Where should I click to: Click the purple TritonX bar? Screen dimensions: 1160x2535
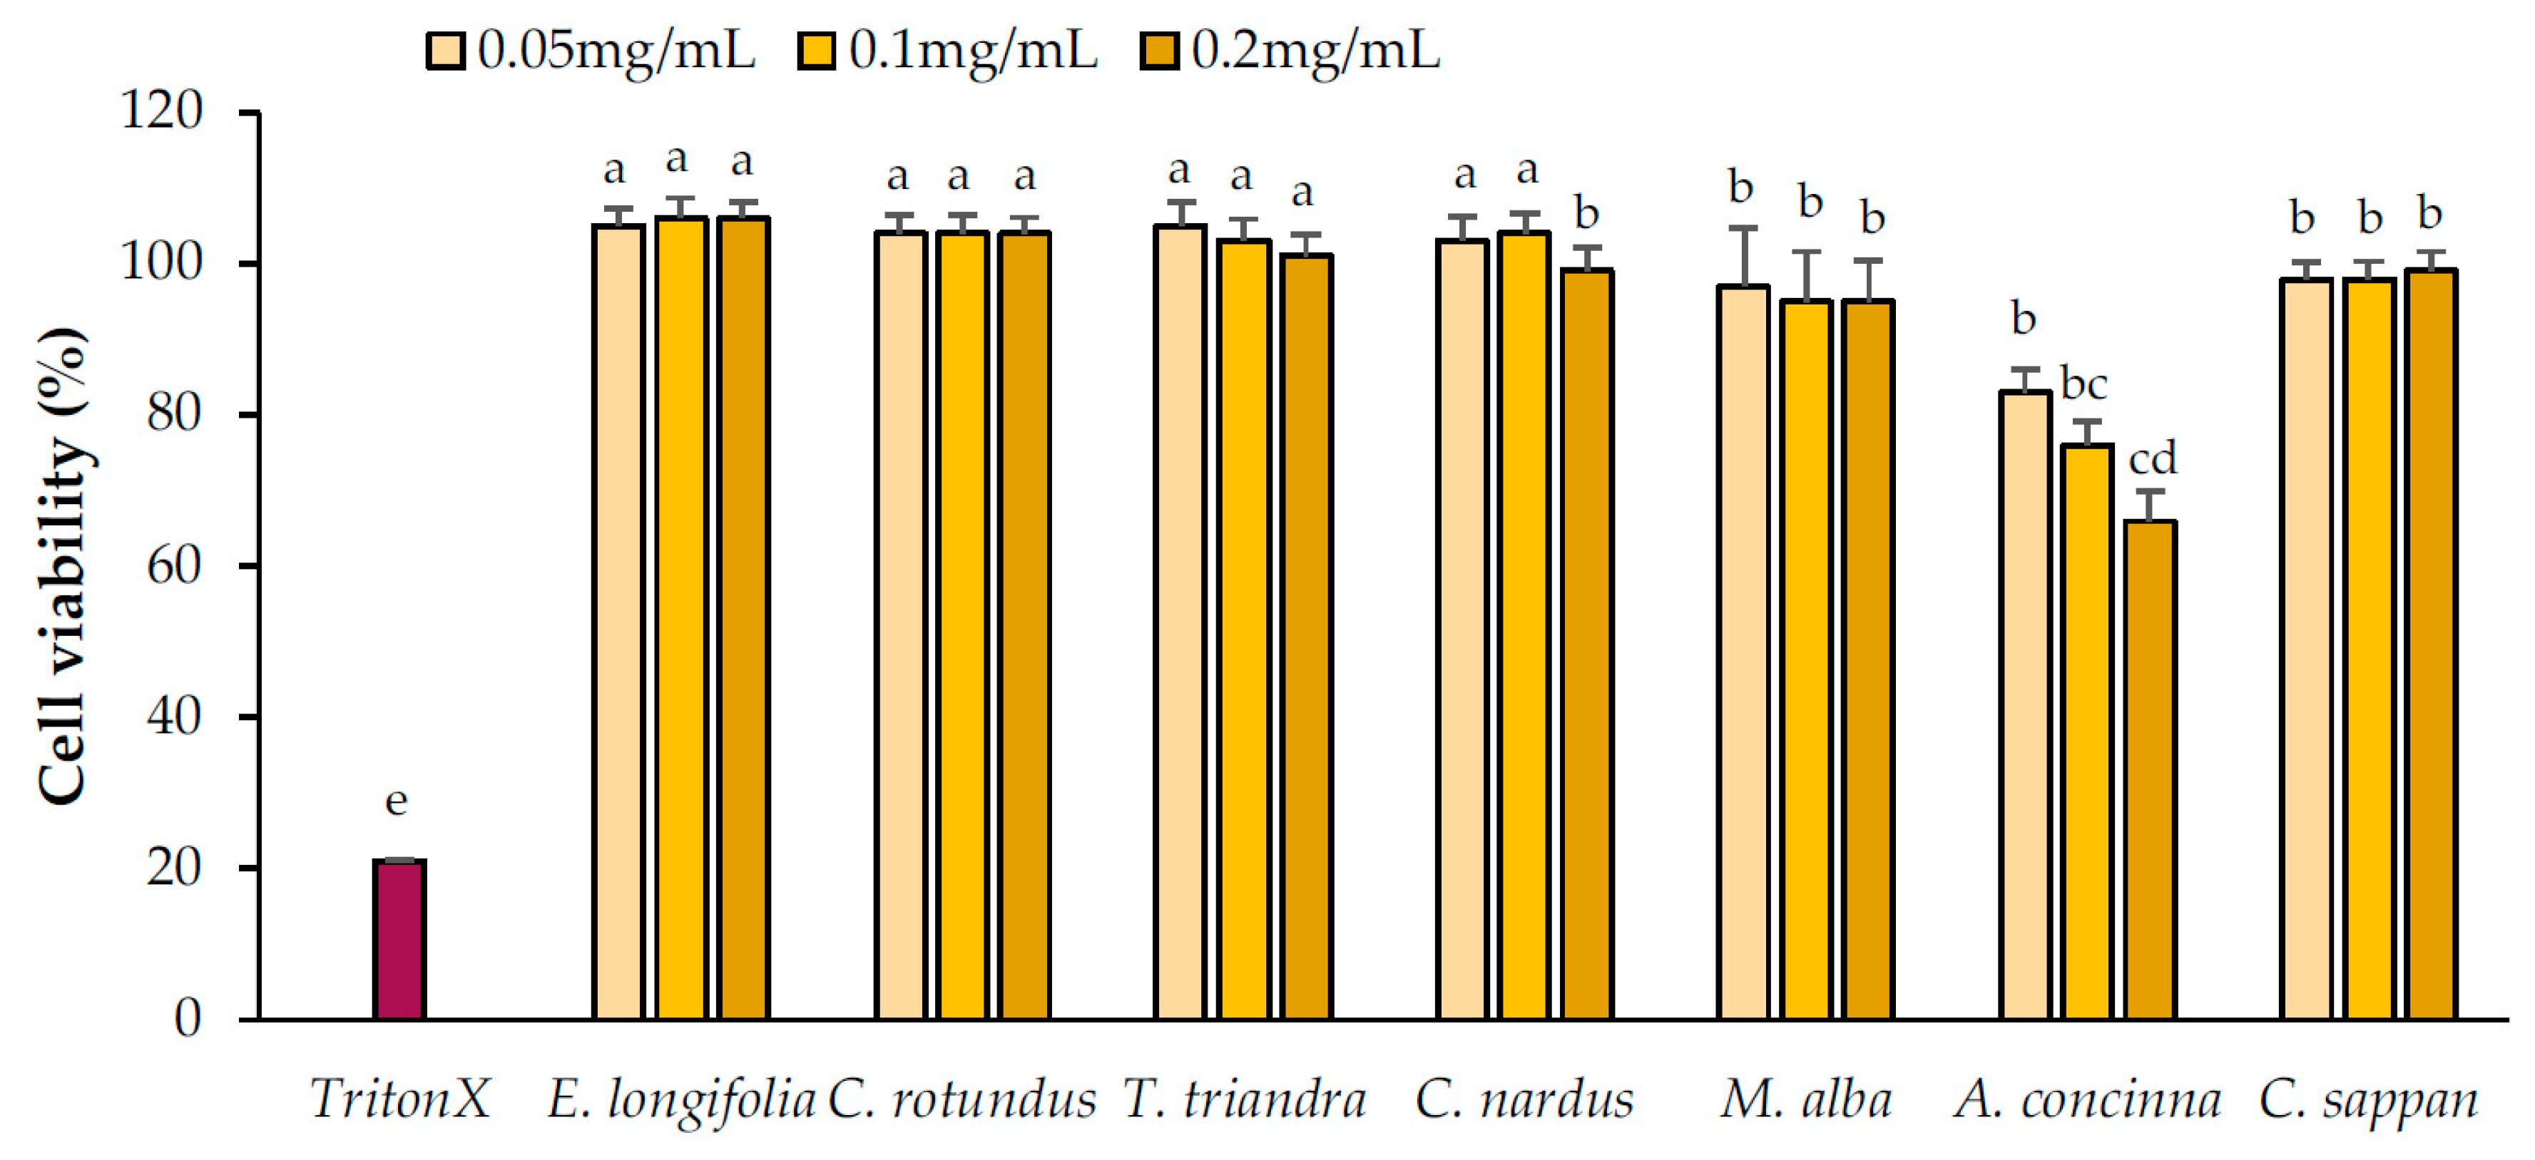pos(399,940)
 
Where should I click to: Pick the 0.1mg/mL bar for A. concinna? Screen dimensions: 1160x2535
pos(2086,732)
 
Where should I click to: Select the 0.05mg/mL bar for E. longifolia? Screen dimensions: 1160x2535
pos(618,622)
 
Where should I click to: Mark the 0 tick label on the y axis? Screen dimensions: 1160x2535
pos(188,1020)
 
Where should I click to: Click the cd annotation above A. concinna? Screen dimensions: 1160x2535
pos(2152,458)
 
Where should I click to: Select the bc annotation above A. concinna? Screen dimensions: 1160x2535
pos(2083,384)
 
